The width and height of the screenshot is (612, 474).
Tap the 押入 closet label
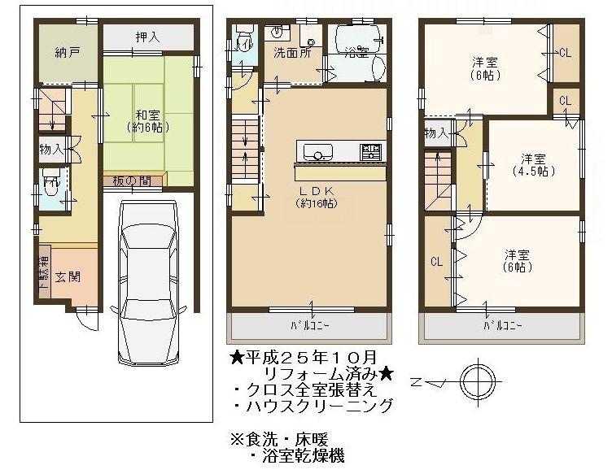tap(146, 37)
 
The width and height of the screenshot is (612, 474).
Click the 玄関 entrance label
tap(68, 276)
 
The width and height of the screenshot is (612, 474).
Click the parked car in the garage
tap(147, 280)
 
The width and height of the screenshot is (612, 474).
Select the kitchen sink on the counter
tap(317, 152)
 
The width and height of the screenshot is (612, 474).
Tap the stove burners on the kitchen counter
tap(370, 151)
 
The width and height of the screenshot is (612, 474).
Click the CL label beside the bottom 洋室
tap(437, 262)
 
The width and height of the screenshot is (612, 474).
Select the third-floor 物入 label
tap(435, 134)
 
